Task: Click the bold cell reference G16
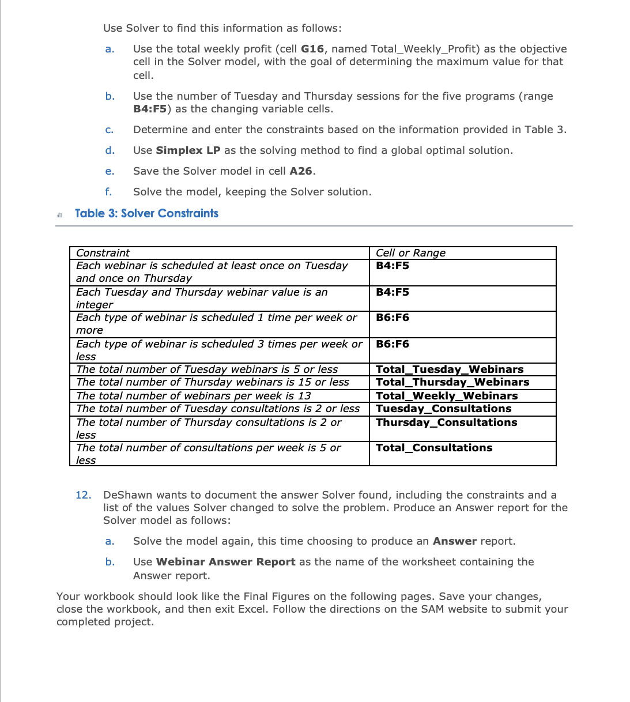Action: [x=312, y=49]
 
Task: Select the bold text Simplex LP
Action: [x=188, y=150]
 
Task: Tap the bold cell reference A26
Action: [x=301, y=171]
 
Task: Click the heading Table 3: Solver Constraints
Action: [x=146, y=213]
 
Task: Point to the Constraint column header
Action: [x=103, y=253]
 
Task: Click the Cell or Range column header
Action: [x=410, y=253]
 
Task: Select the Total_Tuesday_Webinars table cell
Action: [x=450, y=369]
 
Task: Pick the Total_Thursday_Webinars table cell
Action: [x=452, y=382]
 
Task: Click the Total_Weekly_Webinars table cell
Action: [x=447, y=396]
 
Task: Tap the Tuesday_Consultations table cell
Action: [x=443, y=409]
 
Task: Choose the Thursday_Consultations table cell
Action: [x=446, y=422]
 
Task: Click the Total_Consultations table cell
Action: [x=434, y=448]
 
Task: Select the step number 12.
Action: [x=83, y=495]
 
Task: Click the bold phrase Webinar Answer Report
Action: [x=225, y=562]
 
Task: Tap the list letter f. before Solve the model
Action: [x=108, y=192]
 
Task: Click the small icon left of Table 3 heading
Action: [x=59, y=215]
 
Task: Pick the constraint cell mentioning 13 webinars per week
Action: [x=194, y=396]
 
